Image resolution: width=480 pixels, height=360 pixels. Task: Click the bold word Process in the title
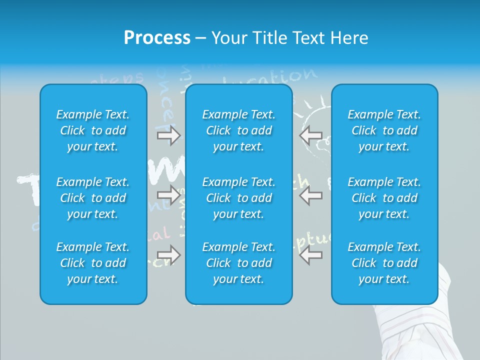(157, 38)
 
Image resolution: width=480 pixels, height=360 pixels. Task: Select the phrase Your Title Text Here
(289, 38)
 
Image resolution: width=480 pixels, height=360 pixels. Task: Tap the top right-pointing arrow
(168, 135)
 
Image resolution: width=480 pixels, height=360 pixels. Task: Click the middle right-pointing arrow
(168, 195)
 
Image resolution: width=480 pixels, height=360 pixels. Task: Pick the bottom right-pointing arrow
(168, 255)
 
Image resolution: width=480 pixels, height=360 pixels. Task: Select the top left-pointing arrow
(310, 135)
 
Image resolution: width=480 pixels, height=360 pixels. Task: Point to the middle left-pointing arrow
(310, 195)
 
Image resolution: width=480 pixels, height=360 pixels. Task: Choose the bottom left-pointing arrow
(310, 255)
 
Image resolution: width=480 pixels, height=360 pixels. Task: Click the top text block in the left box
(93, 130)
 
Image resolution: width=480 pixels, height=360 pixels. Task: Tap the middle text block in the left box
(93, 198)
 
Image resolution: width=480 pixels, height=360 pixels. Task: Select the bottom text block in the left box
(93, 263)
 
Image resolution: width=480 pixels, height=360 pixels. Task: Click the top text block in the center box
(238, 130)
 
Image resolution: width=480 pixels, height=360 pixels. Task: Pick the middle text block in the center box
(238, 198)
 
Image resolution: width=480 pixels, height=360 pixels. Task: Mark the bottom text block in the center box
(238, 263)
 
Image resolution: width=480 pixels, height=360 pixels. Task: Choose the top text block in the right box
(384, 130)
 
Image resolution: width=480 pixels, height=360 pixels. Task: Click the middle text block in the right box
(384, 198)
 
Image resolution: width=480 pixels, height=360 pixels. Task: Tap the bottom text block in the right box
(384, 263)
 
